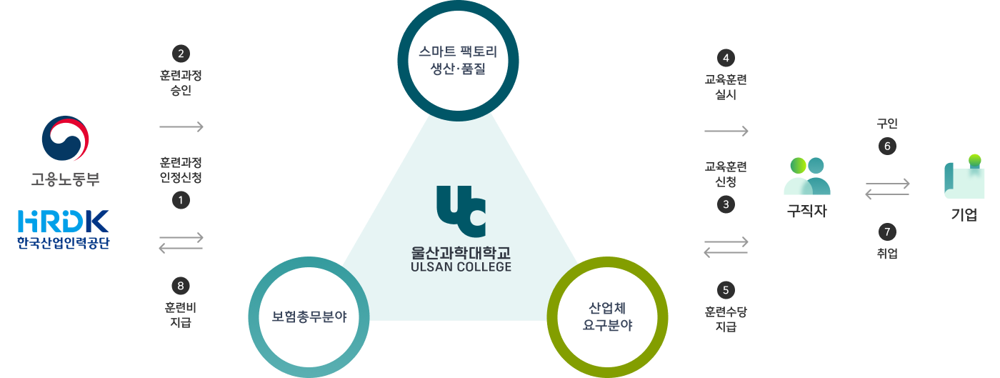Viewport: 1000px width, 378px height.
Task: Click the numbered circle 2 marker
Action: pyautogui.click(x=181, y=54)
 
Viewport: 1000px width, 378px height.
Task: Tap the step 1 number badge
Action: pyautogui.click(x=181, y=200)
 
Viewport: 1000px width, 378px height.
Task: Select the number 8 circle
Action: pyautogui.click(x=181, y=286)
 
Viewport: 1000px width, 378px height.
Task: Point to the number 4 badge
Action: pyautogui.click(x=726, y=58)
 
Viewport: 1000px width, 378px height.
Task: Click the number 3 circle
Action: pyautogui.click(x=726, y=204)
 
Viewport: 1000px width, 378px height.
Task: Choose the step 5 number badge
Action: pyautogui.click(x=726, y=290)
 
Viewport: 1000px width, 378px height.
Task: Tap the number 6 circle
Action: pyautogui.click(x=887, y=146)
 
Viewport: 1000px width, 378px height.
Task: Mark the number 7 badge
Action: pyautogui.click(x=887, y=232)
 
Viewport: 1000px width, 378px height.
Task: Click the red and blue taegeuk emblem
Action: pyautogui.click(x=66, y=139)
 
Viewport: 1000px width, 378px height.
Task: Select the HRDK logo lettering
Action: pyautogui.click(x=64, y=222)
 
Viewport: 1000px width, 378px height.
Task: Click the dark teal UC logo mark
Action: pyautogui.click(x=461, y=212)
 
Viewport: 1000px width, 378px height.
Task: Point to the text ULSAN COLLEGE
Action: pyautogui.click(x=461, y=267)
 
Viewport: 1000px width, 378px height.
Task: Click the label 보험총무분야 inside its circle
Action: pyautogui.click(x=309, y=317)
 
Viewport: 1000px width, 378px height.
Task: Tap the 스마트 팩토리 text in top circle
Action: pyautogui.click(x=458, y=52)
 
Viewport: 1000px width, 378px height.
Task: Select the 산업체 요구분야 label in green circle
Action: pyautogui.click(x=608, y=317)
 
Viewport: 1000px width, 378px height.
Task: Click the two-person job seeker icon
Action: pyautogui.click(x=807, y=176)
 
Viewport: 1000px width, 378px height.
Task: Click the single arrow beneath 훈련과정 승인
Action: pyautogui.click(x=181, y=127)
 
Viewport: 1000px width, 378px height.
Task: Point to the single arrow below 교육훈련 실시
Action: pyautogui.click(x=726, y=131)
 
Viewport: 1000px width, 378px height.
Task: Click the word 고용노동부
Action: pyautogui.click(x=66, y=179)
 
